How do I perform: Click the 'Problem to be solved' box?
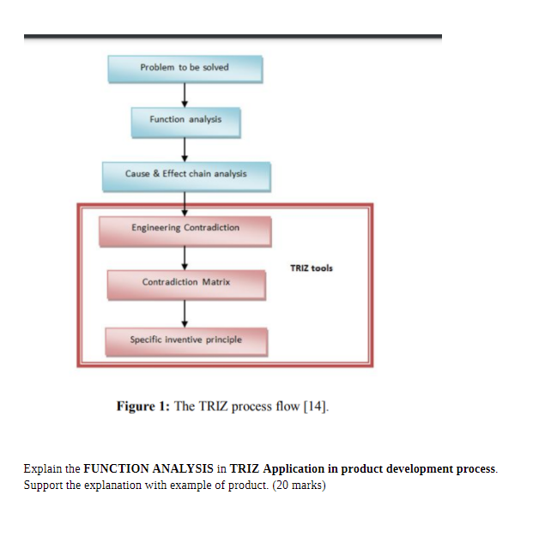pos(185,68)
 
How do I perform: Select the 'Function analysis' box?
pos(185,121)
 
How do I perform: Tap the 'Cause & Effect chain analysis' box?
pos(185,175)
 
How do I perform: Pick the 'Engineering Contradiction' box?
pos(185,229)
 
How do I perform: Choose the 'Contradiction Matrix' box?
pos(185,283)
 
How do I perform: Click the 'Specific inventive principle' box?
pos(185,341)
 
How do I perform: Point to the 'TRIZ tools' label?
pos(312,268)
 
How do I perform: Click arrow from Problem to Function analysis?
pos(185,94)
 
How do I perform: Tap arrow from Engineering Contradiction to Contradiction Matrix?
pos(185,256)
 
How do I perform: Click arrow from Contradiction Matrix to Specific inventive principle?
pos(185,312)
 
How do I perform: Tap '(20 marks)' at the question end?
pos(300,484)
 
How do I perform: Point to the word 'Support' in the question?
pos(41,484)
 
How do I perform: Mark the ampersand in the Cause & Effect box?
pos(155,174)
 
